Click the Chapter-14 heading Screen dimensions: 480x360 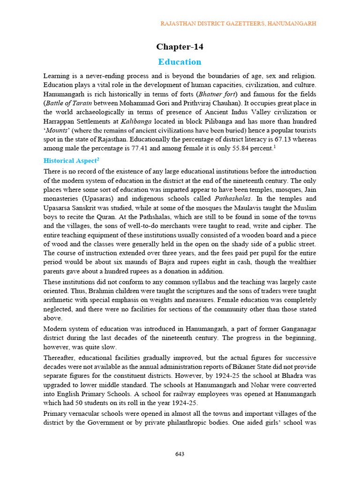(180, 46)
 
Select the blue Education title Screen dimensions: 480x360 (180, 62)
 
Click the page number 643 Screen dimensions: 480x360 (180, 454)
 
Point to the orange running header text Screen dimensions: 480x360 (239, 23)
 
